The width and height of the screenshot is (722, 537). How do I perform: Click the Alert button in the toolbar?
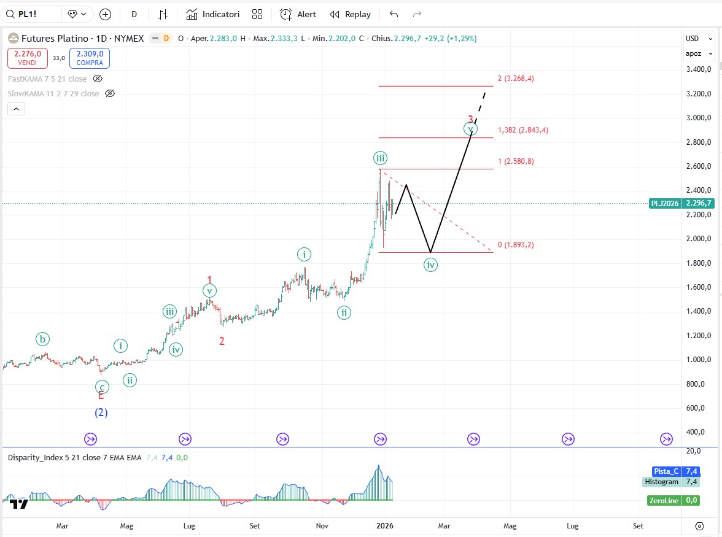298,14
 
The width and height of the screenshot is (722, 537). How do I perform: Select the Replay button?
350,14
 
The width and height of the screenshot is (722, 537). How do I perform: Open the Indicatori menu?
213,14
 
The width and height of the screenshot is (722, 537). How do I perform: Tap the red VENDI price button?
28,58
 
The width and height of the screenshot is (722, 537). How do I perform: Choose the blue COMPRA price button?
90,58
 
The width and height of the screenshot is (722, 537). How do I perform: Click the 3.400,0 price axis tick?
699,69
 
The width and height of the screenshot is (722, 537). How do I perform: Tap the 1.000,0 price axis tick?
699,360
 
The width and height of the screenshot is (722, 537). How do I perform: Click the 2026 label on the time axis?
384,526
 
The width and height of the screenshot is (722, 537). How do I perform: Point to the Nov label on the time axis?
322,526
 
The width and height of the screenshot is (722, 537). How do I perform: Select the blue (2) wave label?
101,413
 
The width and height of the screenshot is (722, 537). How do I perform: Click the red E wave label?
101,396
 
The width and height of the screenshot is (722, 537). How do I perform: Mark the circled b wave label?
42,339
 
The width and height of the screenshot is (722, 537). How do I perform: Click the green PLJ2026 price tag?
664,203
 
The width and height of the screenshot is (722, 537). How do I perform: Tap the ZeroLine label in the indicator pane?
664,500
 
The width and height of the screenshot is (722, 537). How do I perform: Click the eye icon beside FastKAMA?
97,79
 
